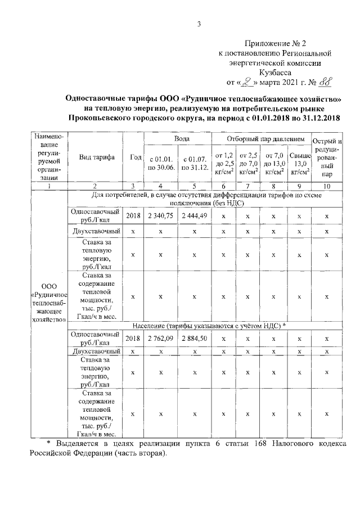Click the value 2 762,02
click(x=160, y=339)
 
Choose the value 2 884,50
click(x=194, y=339)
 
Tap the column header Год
click(x=133, y=157)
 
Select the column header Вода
click(x=177, y=138)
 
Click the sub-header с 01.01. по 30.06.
click(x=160, y=164)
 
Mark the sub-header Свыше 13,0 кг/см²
click(x=299, y=163)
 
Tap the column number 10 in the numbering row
click(x=327, y=186)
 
